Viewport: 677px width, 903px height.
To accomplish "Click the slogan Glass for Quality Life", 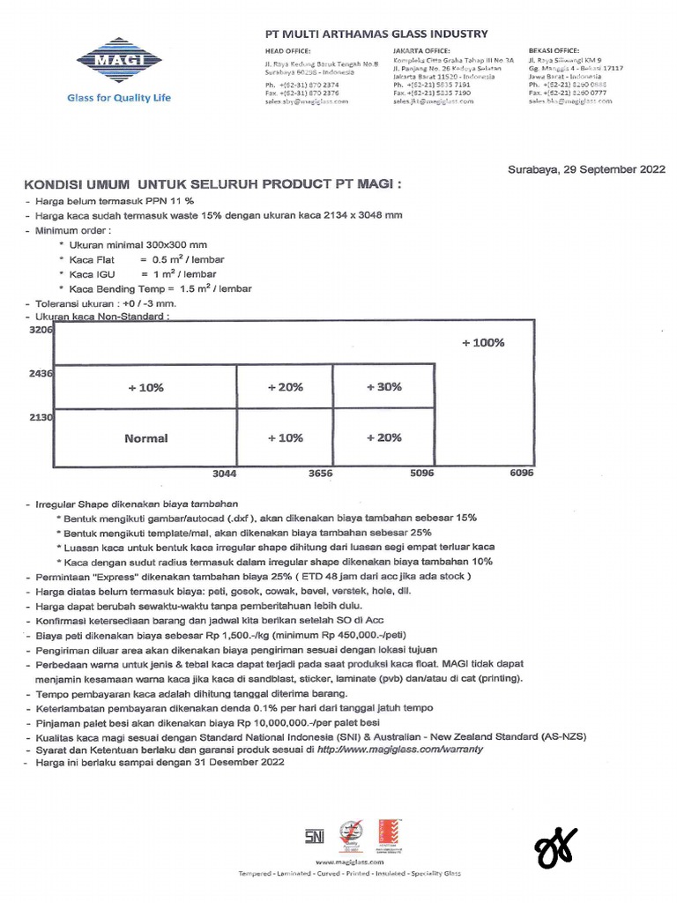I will [x=119, y=98].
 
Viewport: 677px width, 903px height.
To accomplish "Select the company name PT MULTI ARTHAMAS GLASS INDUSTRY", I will [x=376, y=34].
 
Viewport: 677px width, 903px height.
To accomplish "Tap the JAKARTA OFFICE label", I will [x=421, y=50].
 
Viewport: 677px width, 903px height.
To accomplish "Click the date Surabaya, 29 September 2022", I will [x=586, y=169].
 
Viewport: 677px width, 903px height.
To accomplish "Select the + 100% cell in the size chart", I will [x=483, y=343].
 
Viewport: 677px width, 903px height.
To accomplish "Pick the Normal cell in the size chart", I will [x=145, y=438].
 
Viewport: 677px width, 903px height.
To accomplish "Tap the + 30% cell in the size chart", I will [x=383, y=387].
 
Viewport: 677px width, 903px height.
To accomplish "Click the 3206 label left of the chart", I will [x=41, y=330].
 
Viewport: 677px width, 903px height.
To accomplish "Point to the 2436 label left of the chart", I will [x=41, y=374].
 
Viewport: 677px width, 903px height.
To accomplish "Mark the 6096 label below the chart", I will [x=521, y=474].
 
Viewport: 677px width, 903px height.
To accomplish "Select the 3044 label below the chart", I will [x=225, y=474].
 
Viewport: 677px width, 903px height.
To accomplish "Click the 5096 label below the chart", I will [x=422, y=474].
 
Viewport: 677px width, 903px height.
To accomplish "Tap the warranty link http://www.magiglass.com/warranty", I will [x=399, y=749].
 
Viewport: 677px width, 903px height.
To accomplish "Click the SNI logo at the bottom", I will [x=315, y=833].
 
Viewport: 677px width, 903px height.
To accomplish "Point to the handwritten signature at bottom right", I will [x=556, y=847].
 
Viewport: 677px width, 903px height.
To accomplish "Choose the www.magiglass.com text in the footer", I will [x=348, y=862].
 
